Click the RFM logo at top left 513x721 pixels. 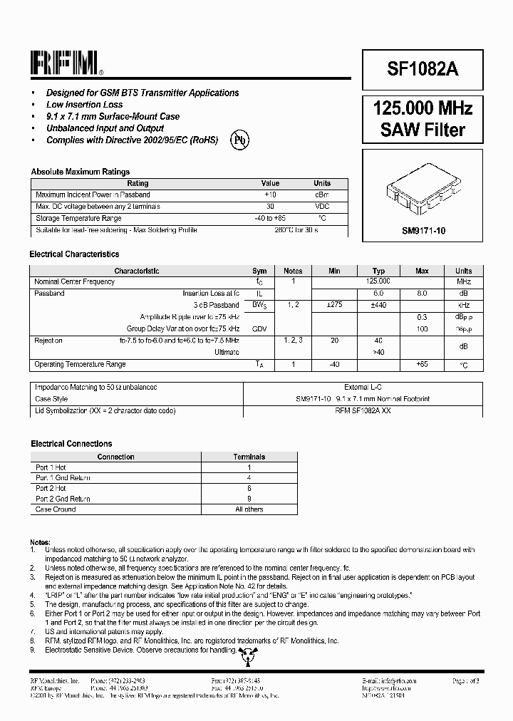coord(66,63)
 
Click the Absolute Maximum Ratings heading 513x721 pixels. coord(80,172)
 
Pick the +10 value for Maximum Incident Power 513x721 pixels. coord(270,194)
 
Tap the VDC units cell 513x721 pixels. coord(322,207)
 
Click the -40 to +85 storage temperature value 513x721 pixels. coord(270,218)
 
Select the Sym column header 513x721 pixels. coord(259,271)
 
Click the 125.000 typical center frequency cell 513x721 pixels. coord(378,281)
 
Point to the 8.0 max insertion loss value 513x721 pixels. coord(422,293)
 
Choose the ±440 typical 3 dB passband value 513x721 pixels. coord(378,305)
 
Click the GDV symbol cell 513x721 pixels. coord(259,328)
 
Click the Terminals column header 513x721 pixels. coord(249,457)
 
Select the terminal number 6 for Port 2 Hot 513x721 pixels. coord(249,488)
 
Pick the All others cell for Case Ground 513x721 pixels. coord(249,509)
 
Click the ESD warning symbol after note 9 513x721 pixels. coord(247,653)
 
